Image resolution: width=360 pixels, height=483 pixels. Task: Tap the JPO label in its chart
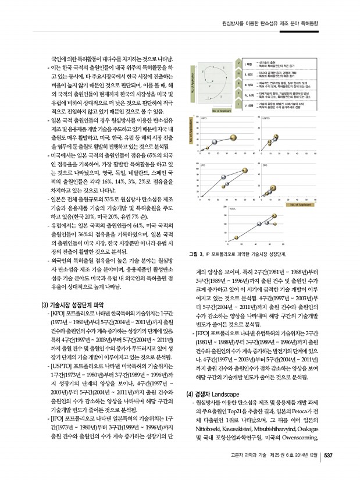(204, 166)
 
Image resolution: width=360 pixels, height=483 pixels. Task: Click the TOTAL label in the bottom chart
(231, 208)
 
